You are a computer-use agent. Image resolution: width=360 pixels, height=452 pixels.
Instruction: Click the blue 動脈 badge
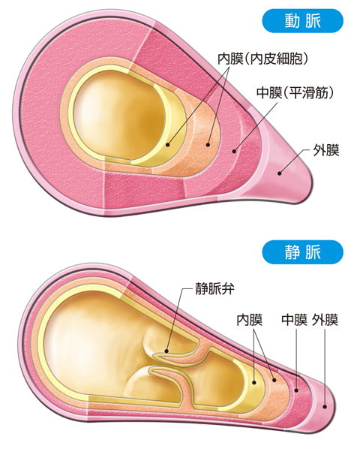tap(302, 21)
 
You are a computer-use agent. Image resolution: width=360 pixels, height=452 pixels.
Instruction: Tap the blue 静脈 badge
tap(302, 252)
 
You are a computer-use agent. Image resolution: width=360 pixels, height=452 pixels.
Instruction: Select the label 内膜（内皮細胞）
tap(263, 59)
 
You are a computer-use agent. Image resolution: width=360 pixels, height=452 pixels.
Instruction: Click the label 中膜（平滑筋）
tap(295, 93)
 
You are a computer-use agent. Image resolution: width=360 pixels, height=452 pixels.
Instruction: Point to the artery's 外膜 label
tap(326, 150)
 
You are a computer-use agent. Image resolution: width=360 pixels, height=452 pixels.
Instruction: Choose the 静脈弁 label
tap(215, 288)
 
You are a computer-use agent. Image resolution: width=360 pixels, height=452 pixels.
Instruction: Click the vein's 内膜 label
tap(250, 320)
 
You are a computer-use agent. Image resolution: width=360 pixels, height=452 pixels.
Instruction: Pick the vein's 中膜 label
tap(294, 320)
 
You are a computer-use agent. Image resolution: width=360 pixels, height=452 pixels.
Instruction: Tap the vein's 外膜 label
tap(325, 320)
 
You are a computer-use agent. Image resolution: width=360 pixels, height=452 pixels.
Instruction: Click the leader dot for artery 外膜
tap(279, 173)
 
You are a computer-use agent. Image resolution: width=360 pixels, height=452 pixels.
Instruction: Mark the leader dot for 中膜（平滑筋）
tap(235, 151)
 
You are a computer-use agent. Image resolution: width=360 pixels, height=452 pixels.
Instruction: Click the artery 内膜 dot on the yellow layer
tap(168, 145)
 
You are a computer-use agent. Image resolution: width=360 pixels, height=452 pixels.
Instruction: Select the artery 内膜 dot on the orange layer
tap(208, 145)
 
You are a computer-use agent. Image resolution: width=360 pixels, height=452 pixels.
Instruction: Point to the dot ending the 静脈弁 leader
tap(166, 351)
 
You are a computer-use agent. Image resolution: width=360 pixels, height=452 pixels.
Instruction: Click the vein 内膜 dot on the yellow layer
tap(254, 382)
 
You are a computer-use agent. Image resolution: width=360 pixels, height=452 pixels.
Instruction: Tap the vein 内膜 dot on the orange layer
tap(274, 380)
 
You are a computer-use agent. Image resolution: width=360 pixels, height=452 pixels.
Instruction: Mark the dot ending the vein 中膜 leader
tap(296, 390)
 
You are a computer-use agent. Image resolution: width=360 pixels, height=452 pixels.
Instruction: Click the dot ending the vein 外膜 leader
tap(325, 406)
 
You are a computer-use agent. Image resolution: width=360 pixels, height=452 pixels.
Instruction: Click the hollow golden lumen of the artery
tap(121, 114)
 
